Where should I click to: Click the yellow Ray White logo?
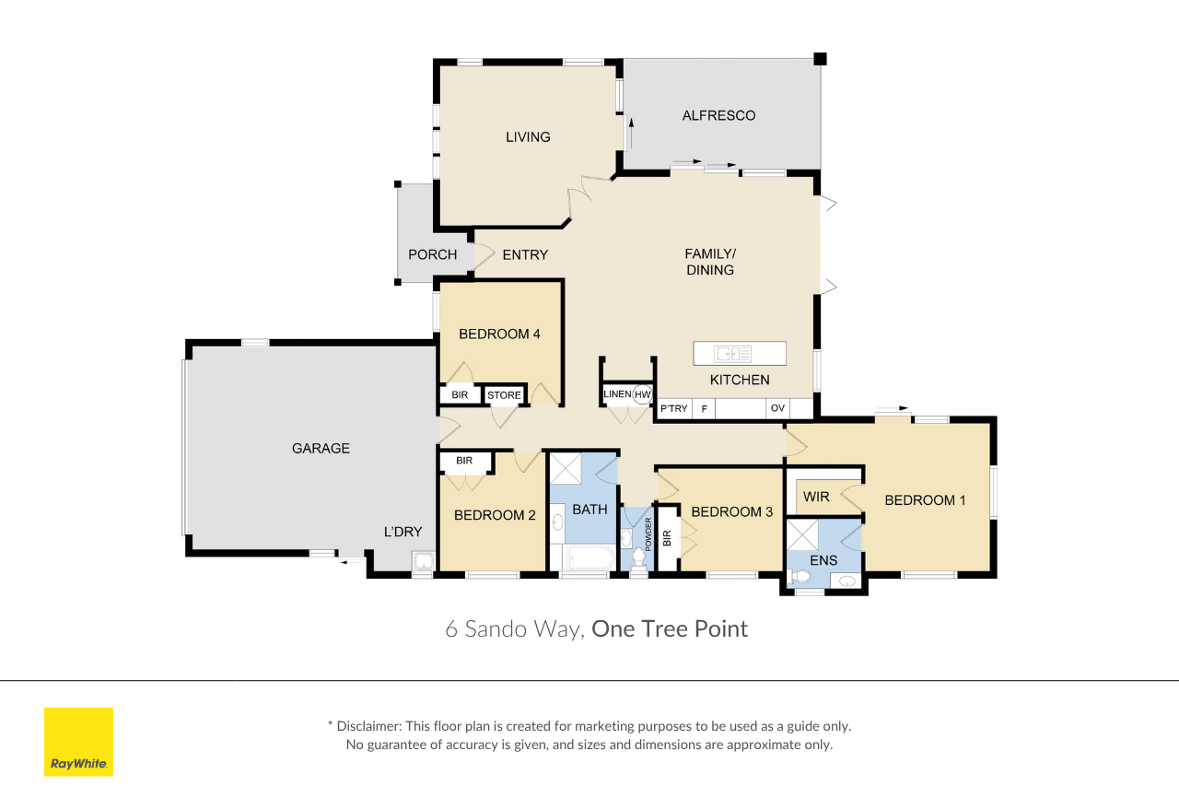(x=78, y=741)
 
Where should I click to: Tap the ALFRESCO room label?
(x=718, y=116)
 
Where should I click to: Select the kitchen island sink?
(x=732, y=354)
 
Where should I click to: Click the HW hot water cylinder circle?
(x=642, y=394)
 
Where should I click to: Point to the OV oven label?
(x=777, y=408)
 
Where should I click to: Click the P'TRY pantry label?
(x=673, y=408)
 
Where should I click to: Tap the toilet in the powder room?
(x=638, y=557)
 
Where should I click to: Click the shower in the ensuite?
(x=802, y=534)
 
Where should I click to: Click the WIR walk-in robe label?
(x=816, y=497)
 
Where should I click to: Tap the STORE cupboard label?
(x=504, y=395)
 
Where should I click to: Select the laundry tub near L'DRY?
(x=424, y=561)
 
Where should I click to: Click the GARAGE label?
(x=321, y=449)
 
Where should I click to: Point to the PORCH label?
(x=433, y=255)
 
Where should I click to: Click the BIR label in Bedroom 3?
(x=667, y=538)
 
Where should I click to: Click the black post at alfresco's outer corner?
(x=820, y=59)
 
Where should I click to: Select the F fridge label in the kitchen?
(x=705, y=408)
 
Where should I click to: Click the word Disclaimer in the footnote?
(x=368, y=726)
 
